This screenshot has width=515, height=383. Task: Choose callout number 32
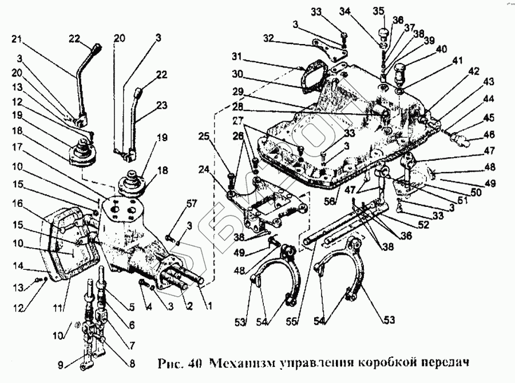pyautogui.click(x=270, y=38)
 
